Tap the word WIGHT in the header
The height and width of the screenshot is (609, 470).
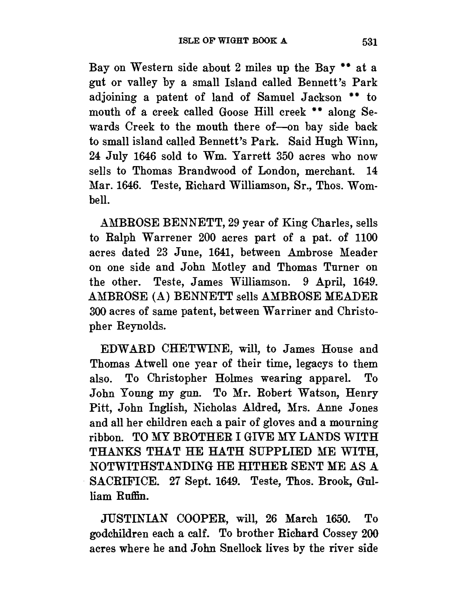pyautogui.click(x=228, y=40)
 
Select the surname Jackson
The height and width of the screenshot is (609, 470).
pyautogui.click(x=317, y=97)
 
